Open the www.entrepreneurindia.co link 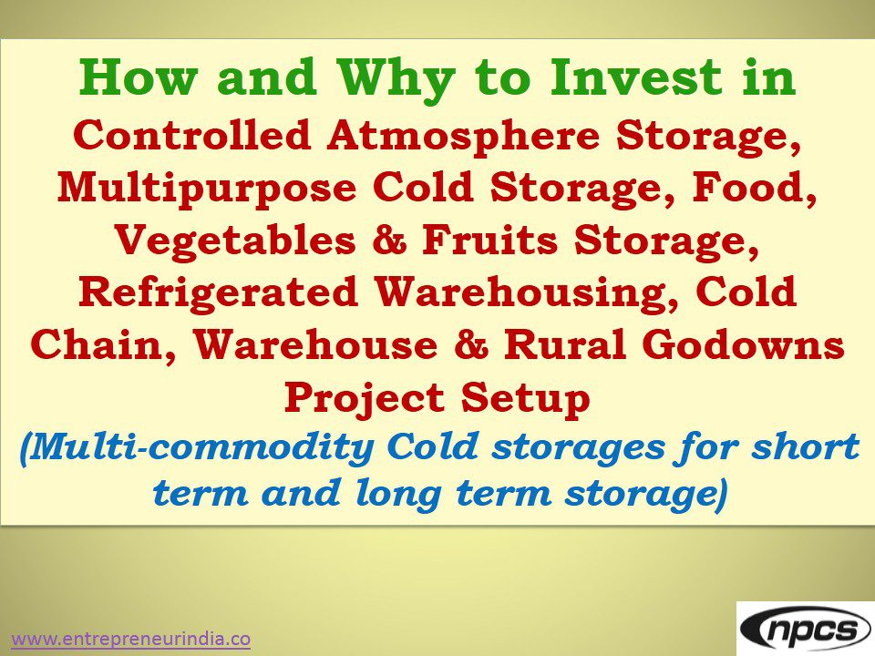coord(130,640)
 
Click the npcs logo coord(806,629)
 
